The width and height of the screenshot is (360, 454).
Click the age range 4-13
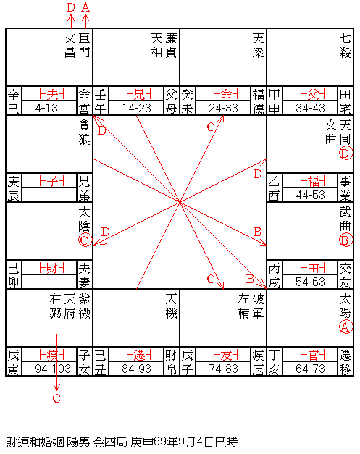click(x=46, y=109)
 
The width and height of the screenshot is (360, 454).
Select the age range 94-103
click(x=53, y=369)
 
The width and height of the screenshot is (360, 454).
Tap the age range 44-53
click(x=310, y=196)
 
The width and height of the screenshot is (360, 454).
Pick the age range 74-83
click(x=223, y=369)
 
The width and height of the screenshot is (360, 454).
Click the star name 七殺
click(x=346, y=46)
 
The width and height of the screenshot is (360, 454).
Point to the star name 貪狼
click(x=84, y=133)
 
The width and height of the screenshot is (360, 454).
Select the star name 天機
click(x=171, y=306)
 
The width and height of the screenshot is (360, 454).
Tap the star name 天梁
click(x=258, y=46)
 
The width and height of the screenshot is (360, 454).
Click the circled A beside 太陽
click(x=346, y=327)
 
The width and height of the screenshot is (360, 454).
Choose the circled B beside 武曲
click(x=346, y=240)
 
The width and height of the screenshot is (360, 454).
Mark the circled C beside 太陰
click(x=85, y=240)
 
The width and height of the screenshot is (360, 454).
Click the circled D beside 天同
click(x=346, y=154)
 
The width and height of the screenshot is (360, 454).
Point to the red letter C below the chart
click(x=56, y=398)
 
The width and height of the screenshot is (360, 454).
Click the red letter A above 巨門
click(x=85, y=7)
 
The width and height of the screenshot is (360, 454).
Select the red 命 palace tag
click(x=225, y=94)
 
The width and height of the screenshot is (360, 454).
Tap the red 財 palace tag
click(x=51, y=268)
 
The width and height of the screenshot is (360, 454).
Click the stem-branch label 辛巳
click(x=13, y=101)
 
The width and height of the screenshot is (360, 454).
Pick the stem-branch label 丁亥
click(x=274, y=362)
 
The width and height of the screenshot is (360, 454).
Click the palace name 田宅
click(x=346, y=101)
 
